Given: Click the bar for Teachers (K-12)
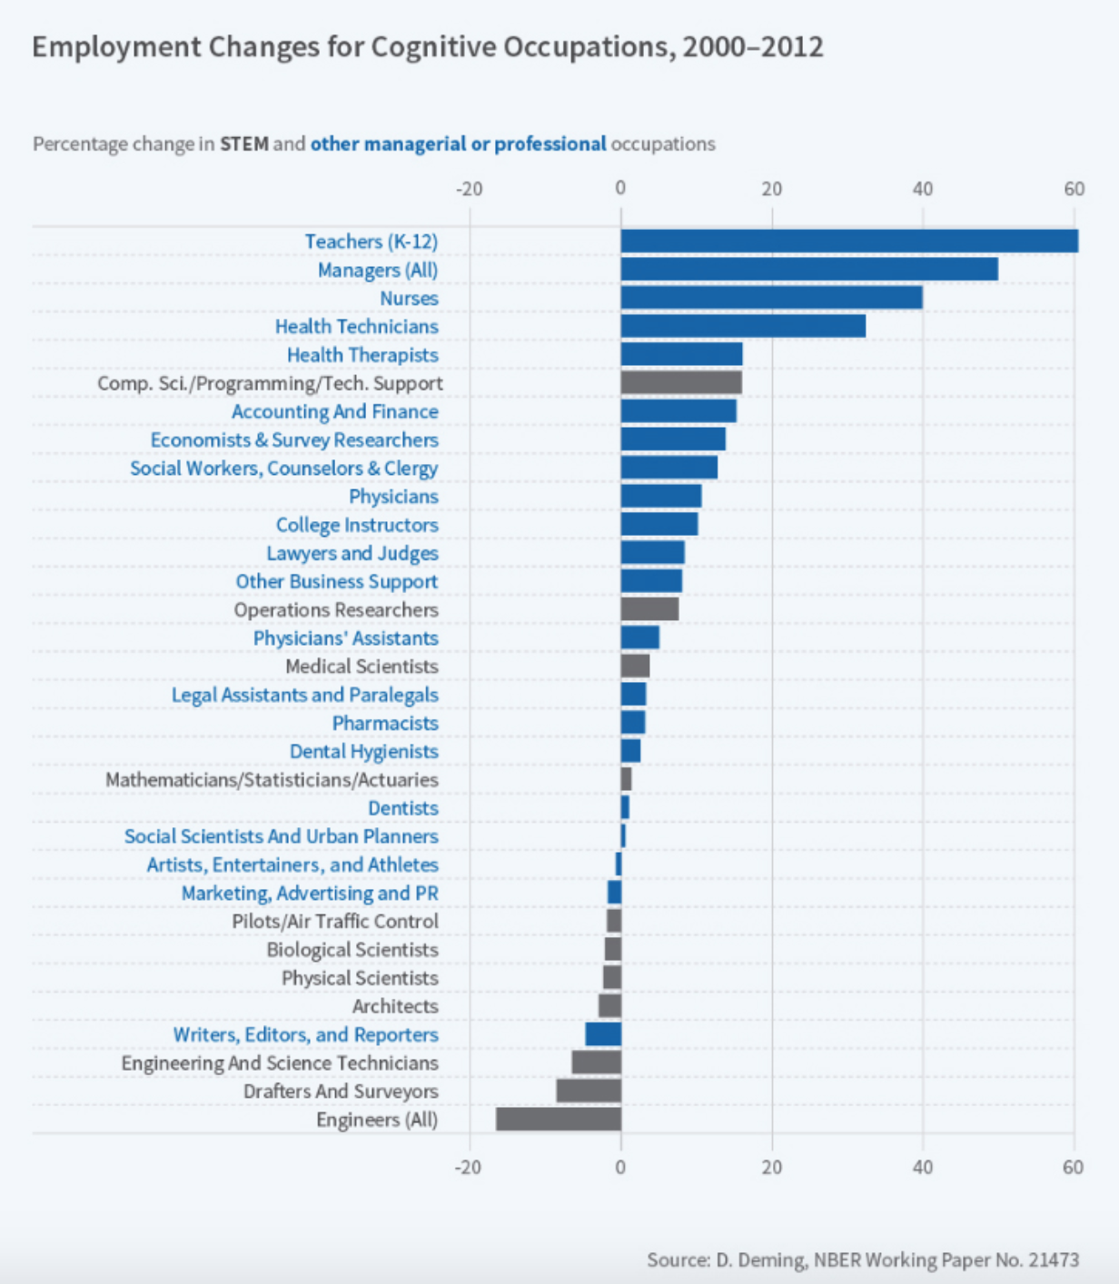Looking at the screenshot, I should pyautogui.click(x=849, y=241).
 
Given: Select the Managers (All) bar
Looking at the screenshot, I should pyautogui.click(x=809, y=270).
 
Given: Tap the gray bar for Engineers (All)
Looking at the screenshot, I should pyautogui.click(x=559, y=1119).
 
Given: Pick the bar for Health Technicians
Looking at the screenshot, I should pyautogui.click(x=743, y=326).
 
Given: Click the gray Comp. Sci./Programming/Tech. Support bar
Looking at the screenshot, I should pyautogui.click(x=681, y=382).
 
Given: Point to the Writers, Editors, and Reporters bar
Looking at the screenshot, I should pyautogui.click(x=603, y=1034).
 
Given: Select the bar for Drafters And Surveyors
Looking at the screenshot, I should pyautogui.click(x=589, y=1091).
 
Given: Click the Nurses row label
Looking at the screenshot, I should pyautogui.click(x=409, y=298).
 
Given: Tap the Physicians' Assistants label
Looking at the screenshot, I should pyautogui.click(x=345, y=638).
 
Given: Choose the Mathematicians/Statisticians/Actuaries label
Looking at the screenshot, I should pyautogui.click(x=272, y=780).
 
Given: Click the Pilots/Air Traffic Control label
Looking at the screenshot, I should pyautogui.click(x=334, y=922).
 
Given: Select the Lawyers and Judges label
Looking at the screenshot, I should pyautogui.click(x=352, y=553).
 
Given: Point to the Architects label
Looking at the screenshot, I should pyautogui.click(x=395, y=1006).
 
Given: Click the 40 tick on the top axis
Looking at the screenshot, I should pyautogui.click(x=923, y=189).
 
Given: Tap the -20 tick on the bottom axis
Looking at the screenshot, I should pyautogui.click(x=468, y=1167).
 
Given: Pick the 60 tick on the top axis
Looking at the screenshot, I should pyautogui.click(x=1074, y=189).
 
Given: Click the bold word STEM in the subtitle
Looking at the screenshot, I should pyautogui.click(x=243, y=144).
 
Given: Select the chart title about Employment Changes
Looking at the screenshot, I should pyautogui.click(x=427, y=47).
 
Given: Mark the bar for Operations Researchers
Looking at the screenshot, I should pyautogui.click(x=649, y=609).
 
